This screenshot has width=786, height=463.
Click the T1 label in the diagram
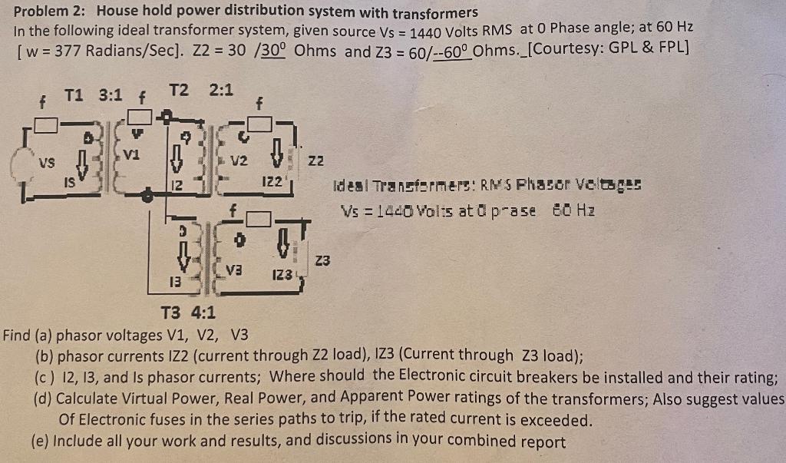74,95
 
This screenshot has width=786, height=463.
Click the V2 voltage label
239,161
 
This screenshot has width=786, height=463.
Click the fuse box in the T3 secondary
263,220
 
